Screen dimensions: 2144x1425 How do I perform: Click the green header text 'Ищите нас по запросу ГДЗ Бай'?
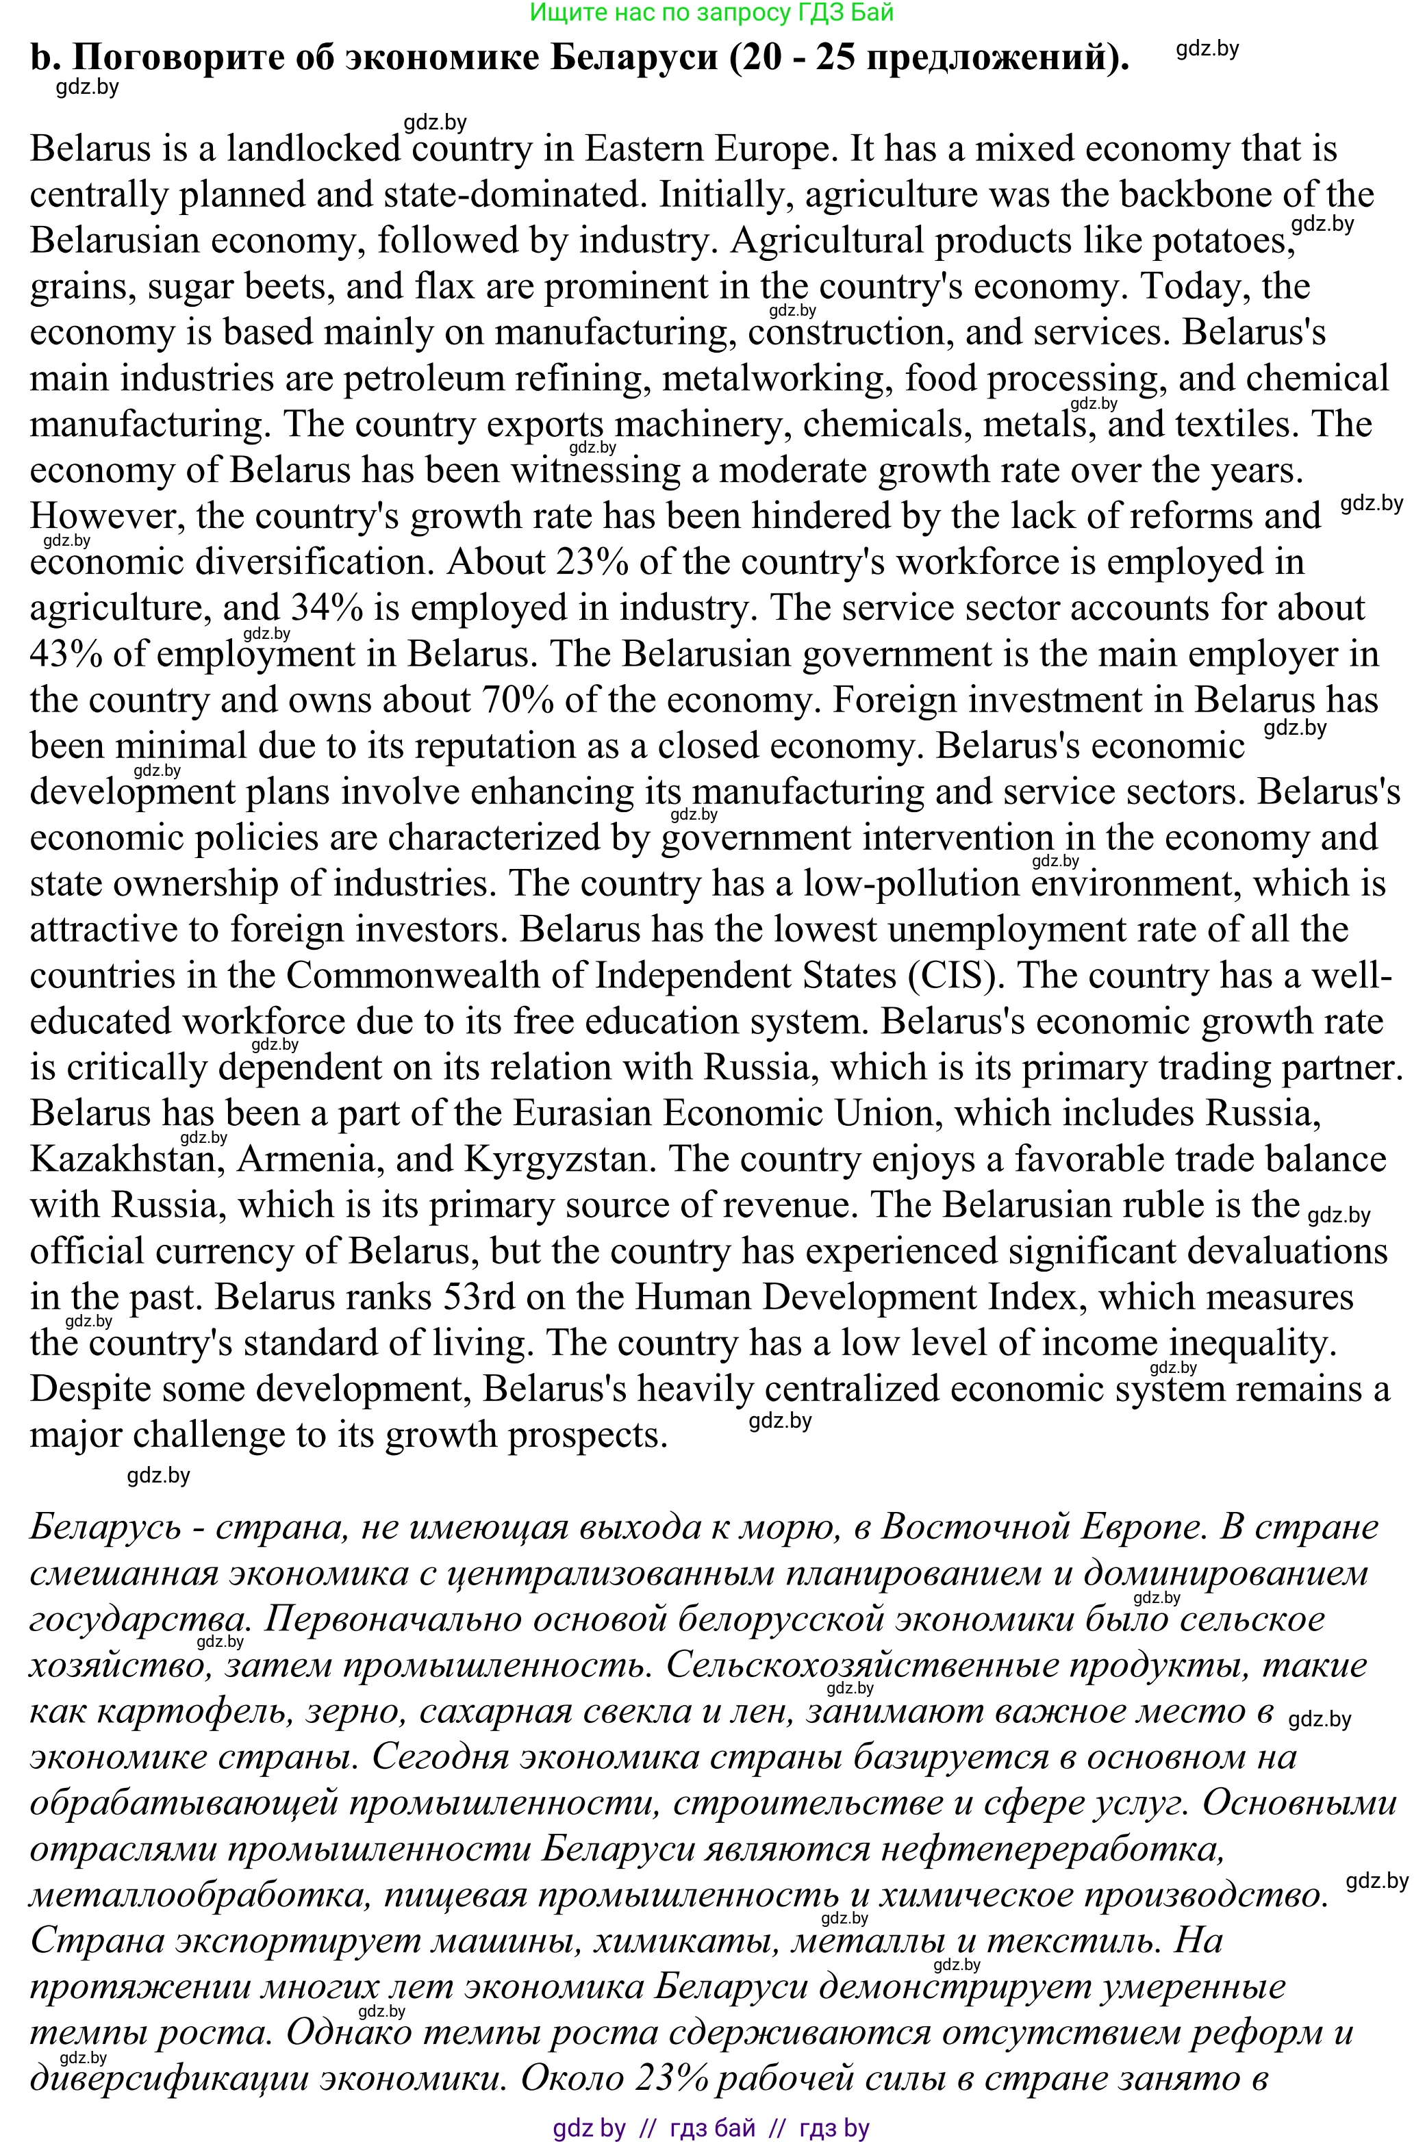(x=711, y=13)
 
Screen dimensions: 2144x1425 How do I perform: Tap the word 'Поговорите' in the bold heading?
(x=177, y=58)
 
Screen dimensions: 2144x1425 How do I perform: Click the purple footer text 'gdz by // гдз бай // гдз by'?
(x=711, y=2128)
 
